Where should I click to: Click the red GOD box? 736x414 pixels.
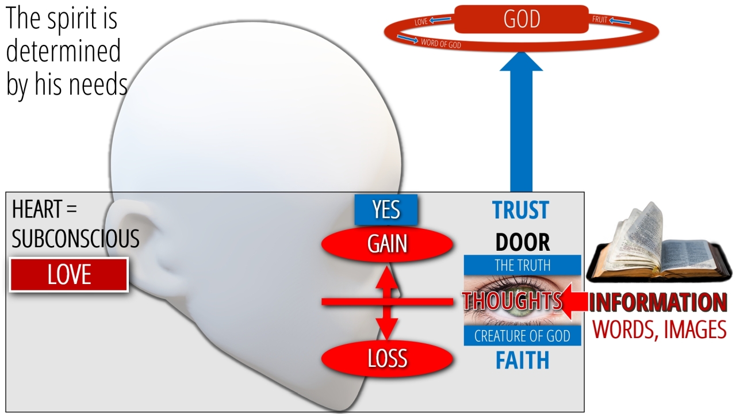521,19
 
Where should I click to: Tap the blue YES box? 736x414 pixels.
386,210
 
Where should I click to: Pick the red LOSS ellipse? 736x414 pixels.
388,358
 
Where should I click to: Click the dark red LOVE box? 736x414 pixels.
68,275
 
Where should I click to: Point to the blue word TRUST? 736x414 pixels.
521,210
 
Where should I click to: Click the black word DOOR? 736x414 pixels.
523,243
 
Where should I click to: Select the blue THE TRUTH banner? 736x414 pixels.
523,265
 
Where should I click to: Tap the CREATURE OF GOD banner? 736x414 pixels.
523,336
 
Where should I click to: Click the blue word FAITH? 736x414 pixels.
523,361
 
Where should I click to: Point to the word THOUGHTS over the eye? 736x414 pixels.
512,300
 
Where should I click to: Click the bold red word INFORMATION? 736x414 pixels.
658,302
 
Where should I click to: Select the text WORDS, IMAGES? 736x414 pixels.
660,329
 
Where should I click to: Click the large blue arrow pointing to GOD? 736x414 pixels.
521,121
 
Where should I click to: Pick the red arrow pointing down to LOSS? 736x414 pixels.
387,323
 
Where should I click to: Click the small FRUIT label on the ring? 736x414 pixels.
600,20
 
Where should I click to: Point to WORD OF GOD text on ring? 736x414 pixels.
441,44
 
